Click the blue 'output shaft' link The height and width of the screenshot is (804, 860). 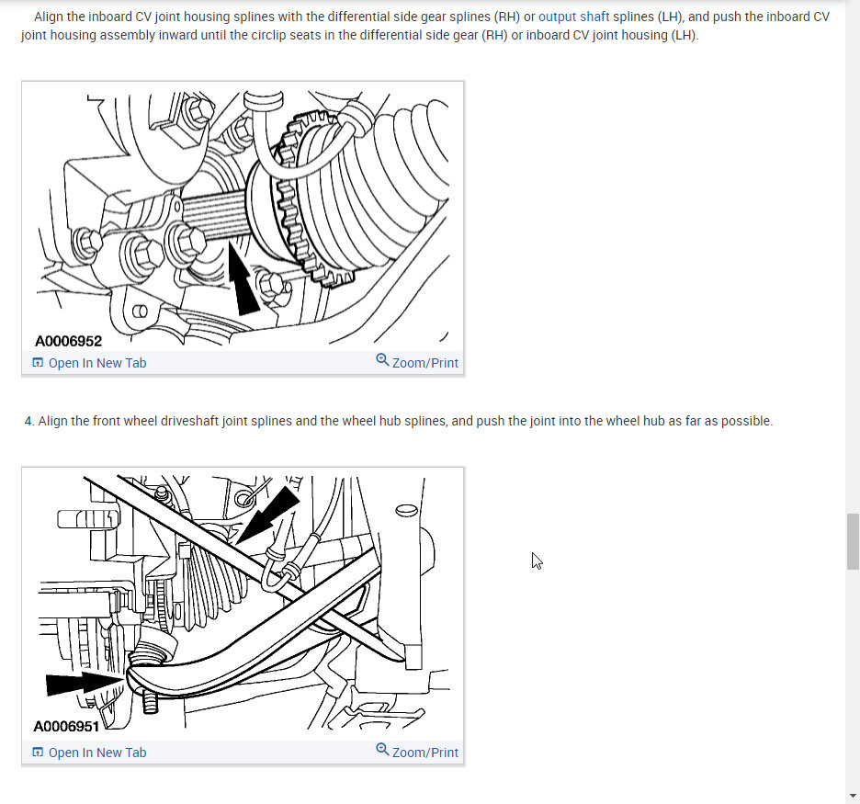click(573, 17)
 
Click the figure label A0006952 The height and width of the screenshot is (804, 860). click(68, 341)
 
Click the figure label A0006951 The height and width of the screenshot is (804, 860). click(66, 726)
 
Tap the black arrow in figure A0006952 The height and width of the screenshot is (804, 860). click(243, 279)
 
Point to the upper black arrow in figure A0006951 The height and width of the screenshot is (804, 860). click(268, 515)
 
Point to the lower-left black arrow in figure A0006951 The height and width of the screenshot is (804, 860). click(85, 684)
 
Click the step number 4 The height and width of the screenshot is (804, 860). click(29, 421)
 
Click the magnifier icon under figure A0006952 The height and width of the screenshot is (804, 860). click(382, 360)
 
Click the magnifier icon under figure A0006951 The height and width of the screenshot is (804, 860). click(382, 750)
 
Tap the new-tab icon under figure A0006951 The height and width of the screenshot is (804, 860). click(38, 752)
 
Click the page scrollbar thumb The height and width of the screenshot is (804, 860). click(853, 542)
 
